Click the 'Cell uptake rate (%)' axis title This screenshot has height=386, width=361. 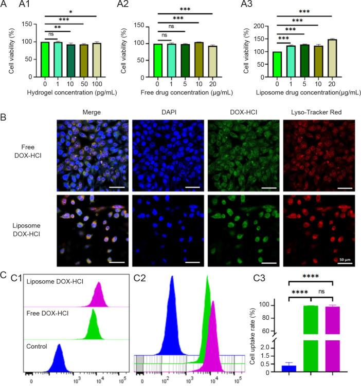252,338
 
